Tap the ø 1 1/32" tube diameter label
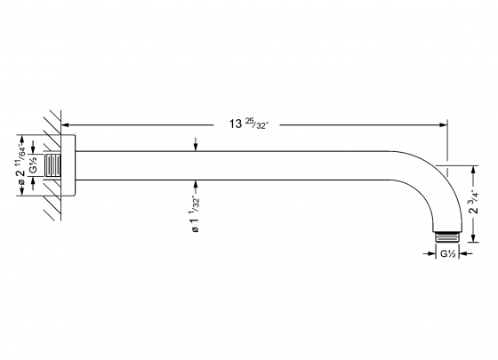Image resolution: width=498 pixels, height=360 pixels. click(196, 215)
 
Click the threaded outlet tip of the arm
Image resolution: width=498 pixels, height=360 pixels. click(449, 236)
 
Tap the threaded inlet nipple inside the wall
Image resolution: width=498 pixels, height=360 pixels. click(56, 167)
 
